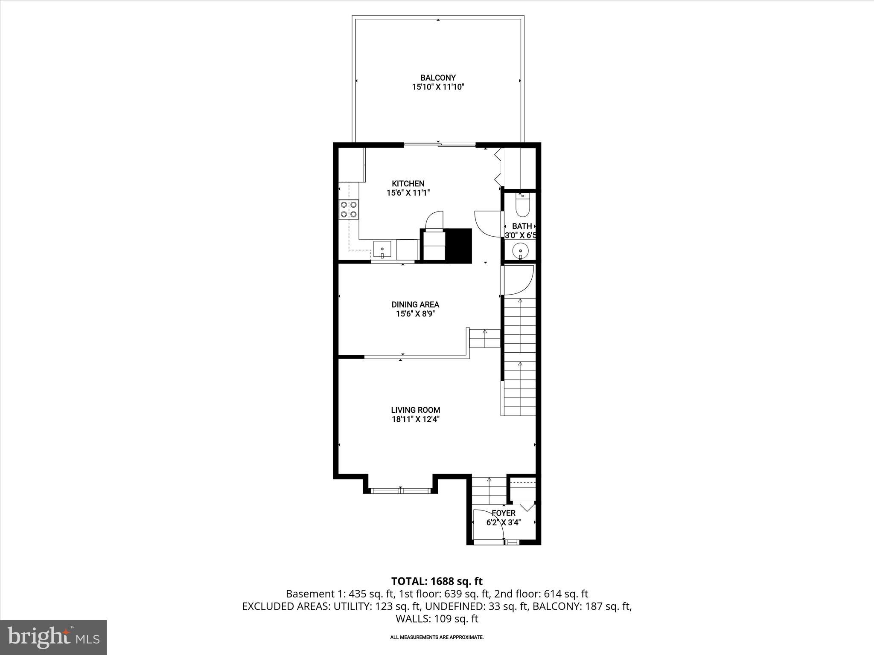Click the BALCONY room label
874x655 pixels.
438,78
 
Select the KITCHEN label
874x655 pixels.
408,183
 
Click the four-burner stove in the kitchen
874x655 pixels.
348,209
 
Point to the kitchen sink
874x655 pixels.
382,249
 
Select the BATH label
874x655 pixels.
522,226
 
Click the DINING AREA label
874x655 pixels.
415,304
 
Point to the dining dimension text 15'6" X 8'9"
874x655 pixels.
415,314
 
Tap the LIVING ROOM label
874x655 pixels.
415,410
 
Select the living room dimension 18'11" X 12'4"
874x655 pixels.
415,420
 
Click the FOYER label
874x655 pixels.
504,513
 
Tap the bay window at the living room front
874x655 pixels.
400,491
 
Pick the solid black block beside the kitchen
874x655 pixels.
458,246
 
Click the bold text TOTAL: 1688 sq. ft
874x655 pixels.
437,581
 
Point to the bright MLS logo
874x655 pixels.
53,637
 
